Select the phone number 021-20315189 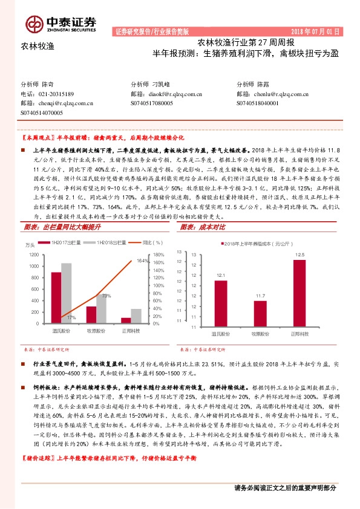tap(56, 94)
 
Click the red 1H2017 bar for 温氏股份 tap(56, 298)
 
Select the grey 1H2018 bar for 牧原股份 tap(101, 309)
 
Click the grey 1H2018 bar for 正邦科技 tap(136, 317)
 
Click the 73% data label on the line tap(105, 296)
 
